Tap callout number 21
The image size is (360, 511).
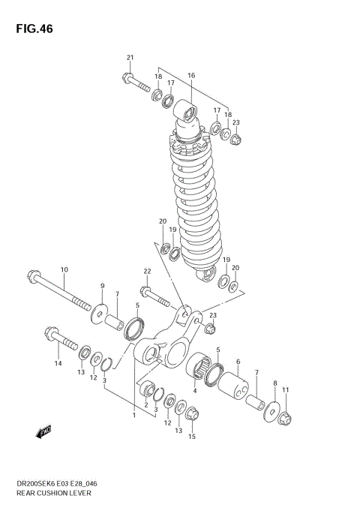[x=130, y=59]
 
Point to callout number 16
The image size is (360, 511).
[x=191, y=76]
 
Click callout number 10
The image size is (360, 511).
[x=64, y=269]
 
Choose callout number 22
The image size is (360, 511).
[x=148, y=271]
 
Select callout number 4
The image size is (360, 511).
[x=195, y=390]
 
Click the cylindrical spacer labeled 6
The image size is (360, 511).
[x=234, y=388]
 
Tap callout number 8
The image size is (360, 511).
[x=274, y=383]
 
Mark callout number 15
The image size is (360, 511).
[x=191, y=437]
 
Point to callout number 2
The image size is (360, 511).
[x=145, y=405]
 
